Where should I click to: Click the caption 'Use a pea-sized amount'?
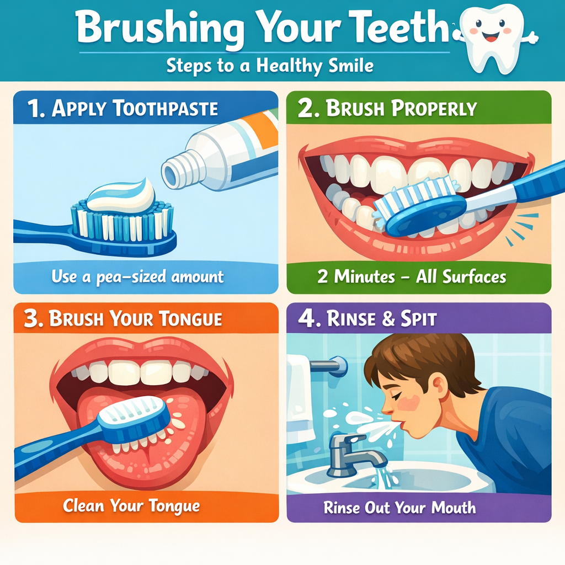click(137, 276)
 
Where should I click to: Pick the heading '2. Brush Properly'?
click(387, 109)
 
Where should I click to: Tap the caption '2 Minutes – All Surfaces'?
click(412, 276)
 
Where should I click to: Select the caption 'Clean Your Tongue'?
click(131, 505)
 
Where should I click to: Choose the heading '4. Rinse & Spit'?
click(367, 319)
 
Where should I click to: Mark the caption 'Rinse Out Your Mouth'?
click(399, 507)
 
